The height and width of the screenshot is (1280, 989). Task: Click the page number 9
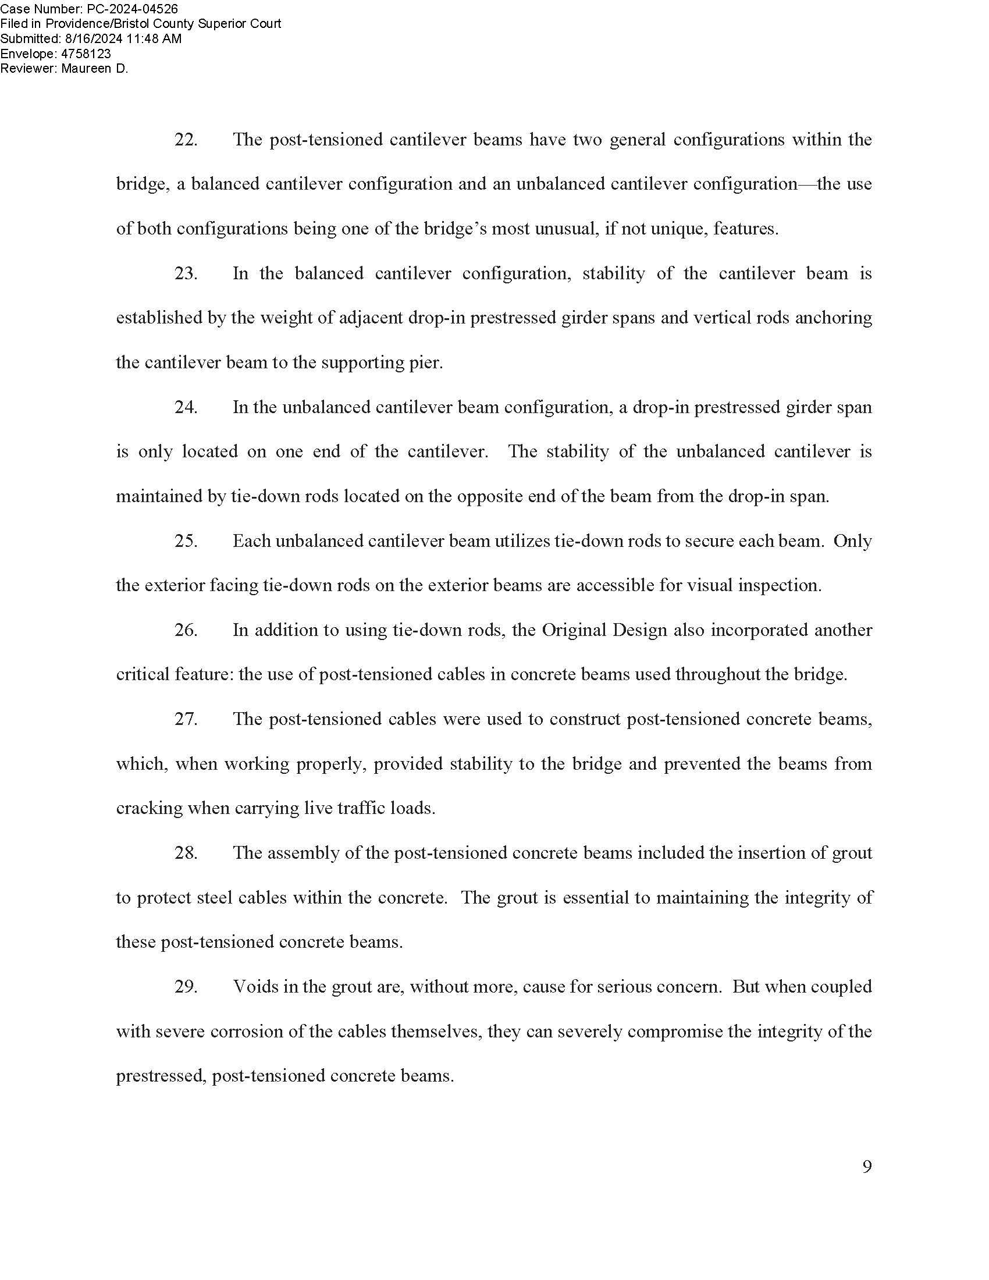tap(867, 1167)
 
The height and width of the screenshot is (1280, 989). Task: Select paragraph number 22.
tap(186, 140)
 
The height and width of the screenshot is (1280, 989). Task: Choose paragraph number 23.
tap(186, 273)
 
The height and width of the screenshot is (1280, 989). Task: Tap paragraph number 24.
tap(186, 407)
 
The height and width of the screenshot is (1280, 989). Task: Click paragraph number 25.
tap(186, 541)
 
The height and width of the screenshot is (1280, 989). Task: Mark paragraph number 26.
tap(186, 630)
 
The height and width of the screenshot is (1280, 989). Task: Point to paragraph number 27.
tap(186, 719)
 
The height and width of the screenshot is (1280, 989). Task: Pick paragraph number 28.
tap(186, 853)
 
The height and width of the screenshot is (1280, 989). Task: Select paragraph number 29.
tap(186, 986)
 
